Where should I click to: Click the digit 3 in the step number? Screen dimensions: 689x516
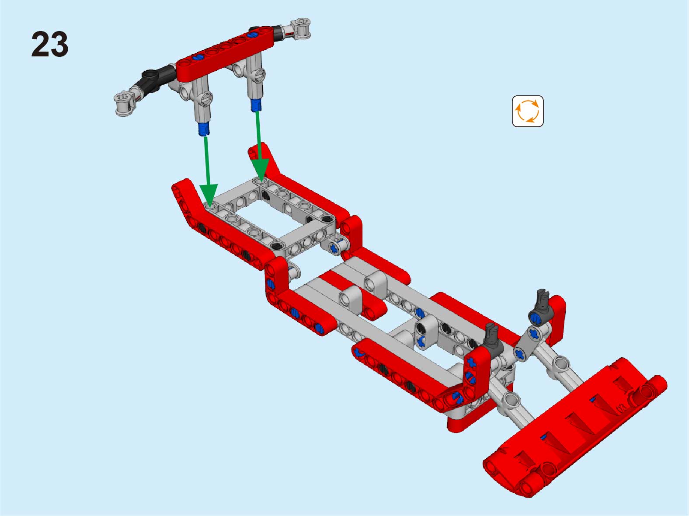tap(59, 44)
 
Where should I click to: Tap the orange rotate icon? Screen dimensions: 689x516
tap(528, 111)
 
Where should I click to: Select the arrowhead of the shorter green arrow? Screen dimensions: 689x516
tap(260, 170)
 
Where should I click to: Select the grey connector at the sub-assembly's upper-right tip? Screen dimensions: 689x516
tap(301, 28)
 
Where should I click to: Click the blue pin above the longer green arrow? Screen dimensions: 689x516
tap(204, 129)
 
